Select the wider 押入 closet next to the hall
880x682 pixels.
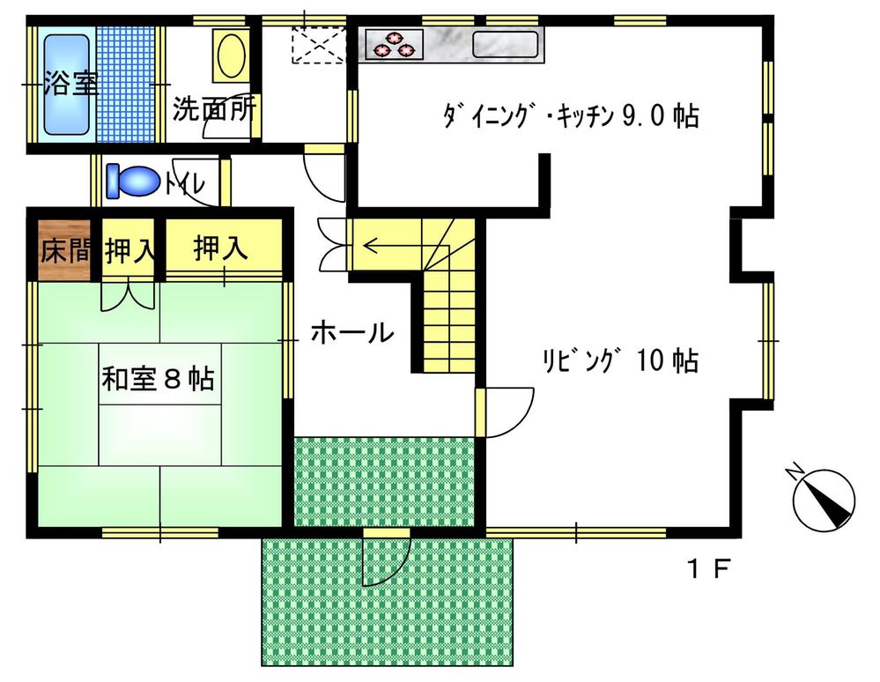pyautogui.click(x=221, y=248)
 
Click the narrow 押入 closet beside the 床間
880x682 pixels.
pyautogui.click(x=129, y=249)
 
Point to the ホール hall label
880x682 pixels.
pyautogui.click(x=351, y=332)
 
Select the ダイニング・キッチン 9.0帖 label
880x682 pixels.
pyautogui.click(x=569, y=116)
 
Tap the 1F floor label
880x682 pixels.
pyautogui.click(x=709, y=570)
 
